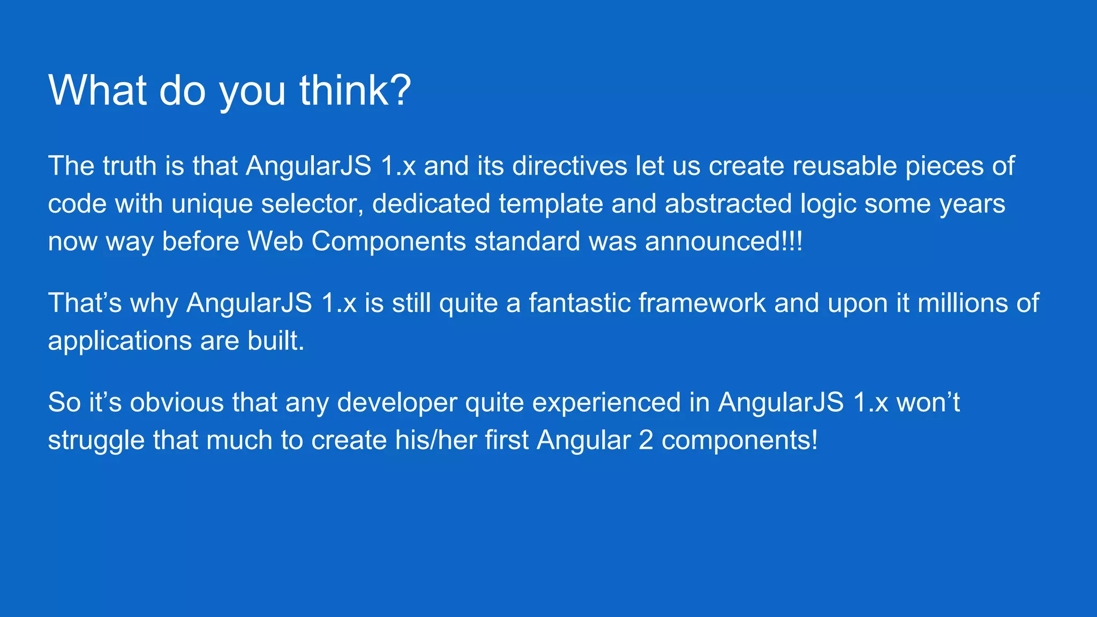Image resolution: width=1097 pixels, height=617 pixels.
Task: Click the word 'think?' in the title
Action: pos(355,90)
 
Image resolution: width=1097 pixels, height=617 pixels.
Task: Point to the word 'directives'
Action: pos(569,166)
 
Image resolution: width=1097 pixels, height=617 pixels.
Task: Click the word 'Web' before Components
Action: pos(275,242)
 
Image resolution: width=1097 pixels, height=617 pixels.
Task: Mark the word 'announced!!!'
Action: pos(724,242)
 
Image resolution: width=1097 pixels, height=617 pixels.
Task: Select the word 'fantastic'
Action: pos(579,303)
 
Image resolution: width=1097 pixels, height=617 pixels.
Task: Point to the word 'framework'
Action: pos(702,303)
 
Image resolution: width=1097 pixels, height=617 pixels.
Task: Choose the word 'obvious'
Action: pos(176,402)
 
